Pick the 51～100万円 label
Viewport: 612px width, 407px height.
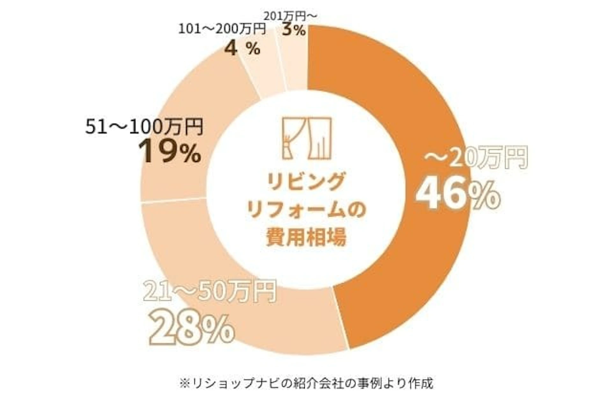coord(144,127)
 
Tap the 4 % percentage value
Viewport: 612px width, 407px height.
coord(242,49)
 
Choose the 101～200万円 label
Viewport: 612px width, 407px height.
coord(222,29)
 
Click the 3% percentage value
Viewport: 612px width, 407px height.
coord(294,31)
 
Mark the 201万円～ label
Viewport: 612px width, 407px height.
coord(291,16)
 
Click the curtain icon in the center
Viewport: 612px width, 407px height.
coord(307,138)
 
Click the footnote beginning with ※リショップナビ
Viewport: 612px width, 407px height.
coord(306,383)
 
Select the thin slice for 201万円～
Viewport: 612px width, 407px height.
coord(295,64)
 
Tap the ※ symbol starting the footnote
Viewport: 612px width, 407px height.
coord(185,383)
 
